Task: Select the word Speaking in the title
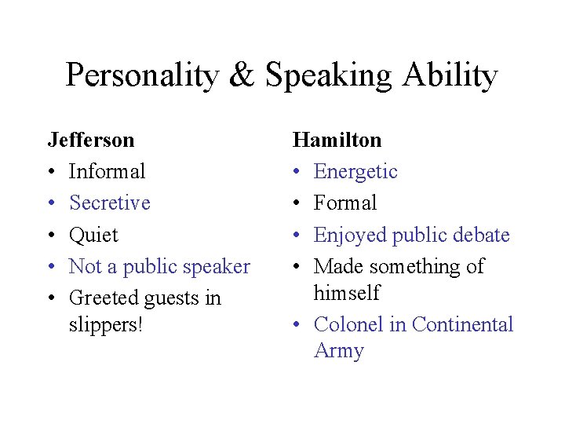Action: [329, 76]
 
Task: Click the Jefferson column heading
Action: [91, 140]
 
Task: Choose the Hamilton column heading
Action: [337, 140]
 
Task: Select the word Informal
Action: [108, 171]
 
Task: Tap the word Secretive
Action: [110, 203]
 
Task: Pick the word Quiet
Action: [93, 235]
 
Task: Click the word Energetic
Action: [355, 171]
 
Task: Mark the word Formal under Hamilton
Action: [345, 203]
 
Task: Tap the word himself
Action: [347, 293]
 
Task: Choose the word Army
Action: [339, 350]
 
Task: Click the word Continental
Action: [462, 324]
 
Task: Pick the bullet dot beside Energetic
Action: [297, 172]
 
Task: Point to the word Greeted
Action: [104, 298]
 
